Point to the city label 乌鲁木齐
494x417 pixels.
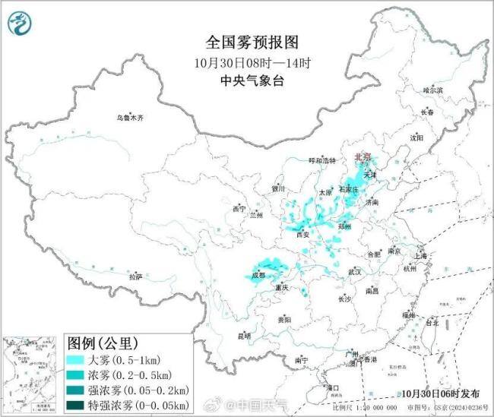click(x=129, y=118)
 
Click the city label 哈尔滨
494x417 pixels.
click(x=432, y=90)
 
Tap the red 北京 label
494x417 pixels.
click(x=363, y=156)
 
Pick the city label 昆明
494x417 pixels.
click(x=243, y=335)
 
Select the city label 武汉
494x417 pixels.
click(x=354, y=271)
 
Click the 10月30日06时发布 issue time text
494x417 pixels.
click(x=441, y=393)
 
